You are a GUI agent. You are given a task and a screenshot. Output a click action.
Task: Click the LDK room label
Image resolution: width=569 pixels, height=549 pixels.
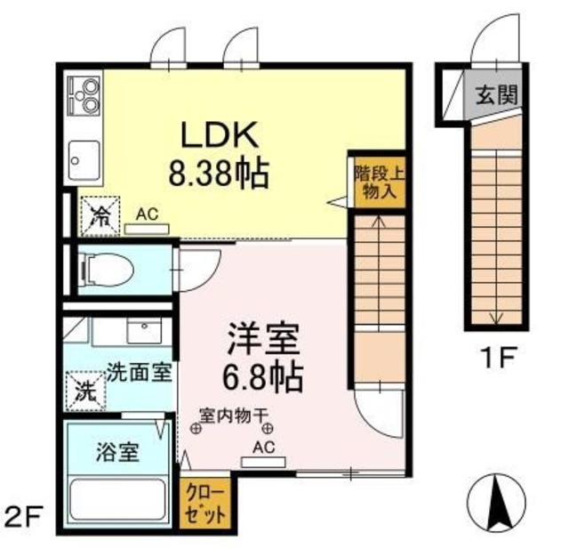(x=220, y=134)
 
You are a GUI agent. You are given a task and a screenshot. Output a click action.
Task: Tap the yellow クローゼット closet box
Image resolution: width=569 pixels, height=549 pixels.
(x=205, y=505)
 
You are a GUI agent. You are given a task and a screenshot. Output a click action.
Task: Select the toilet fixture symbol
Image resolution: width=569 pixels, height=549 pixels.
(x=106, y=267)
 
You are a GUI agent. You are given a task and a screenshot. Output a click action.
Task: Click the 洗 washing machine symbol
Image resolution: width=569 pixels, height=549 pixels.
(x=85, y=390)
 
